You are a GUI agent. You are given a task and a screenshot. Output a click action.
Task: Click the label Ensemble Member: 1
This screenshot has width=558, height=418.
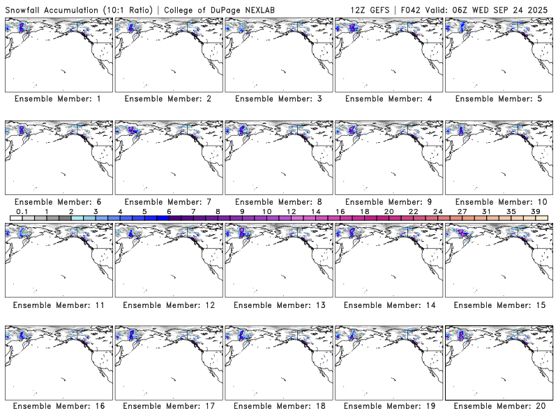click(x=58, y=100)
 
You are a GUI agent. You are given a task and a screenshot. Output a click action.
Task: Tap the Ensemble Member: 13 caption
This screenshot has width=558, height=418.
click(x=278, y=305)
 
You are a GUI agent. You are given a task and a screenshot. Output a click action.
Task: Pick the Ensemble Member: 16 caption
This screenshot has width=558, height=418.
click(x=58, y=406)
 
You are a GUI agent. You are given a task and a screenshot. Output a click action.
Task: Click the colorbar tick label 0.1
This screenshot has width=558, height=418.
click(x=22, y=210)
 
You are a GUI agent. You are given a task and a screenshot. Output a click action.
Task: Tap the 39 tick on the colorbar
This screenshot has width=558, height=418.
click(x=535, y=210)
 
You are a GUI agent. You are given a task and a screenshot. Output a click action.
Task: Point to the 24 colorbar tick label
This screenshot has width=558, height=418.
click(x=437, y=210)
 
